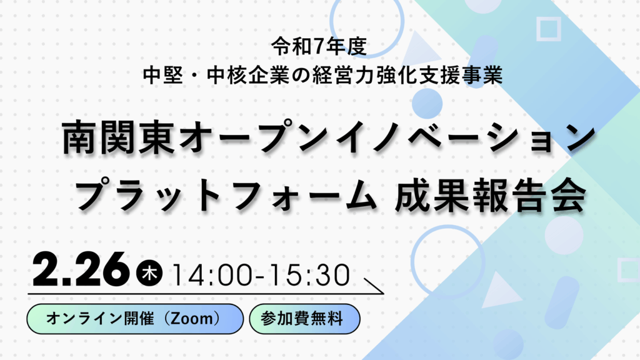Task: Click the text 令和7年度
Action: (319, 46)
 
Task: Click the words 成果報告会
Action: (491, 196)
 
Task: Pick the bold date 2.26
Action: (81, 269)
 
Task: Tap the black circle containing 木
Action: (149, 272)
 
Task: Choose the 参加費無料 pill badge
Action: (304, 319)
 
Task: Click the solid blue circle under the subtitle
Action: (427, 104)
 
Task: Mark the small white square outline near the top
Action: (549, 29)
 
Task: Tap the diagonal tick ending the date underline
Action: (374, 286)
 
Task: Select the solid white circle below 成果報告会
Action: (564, 236)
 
